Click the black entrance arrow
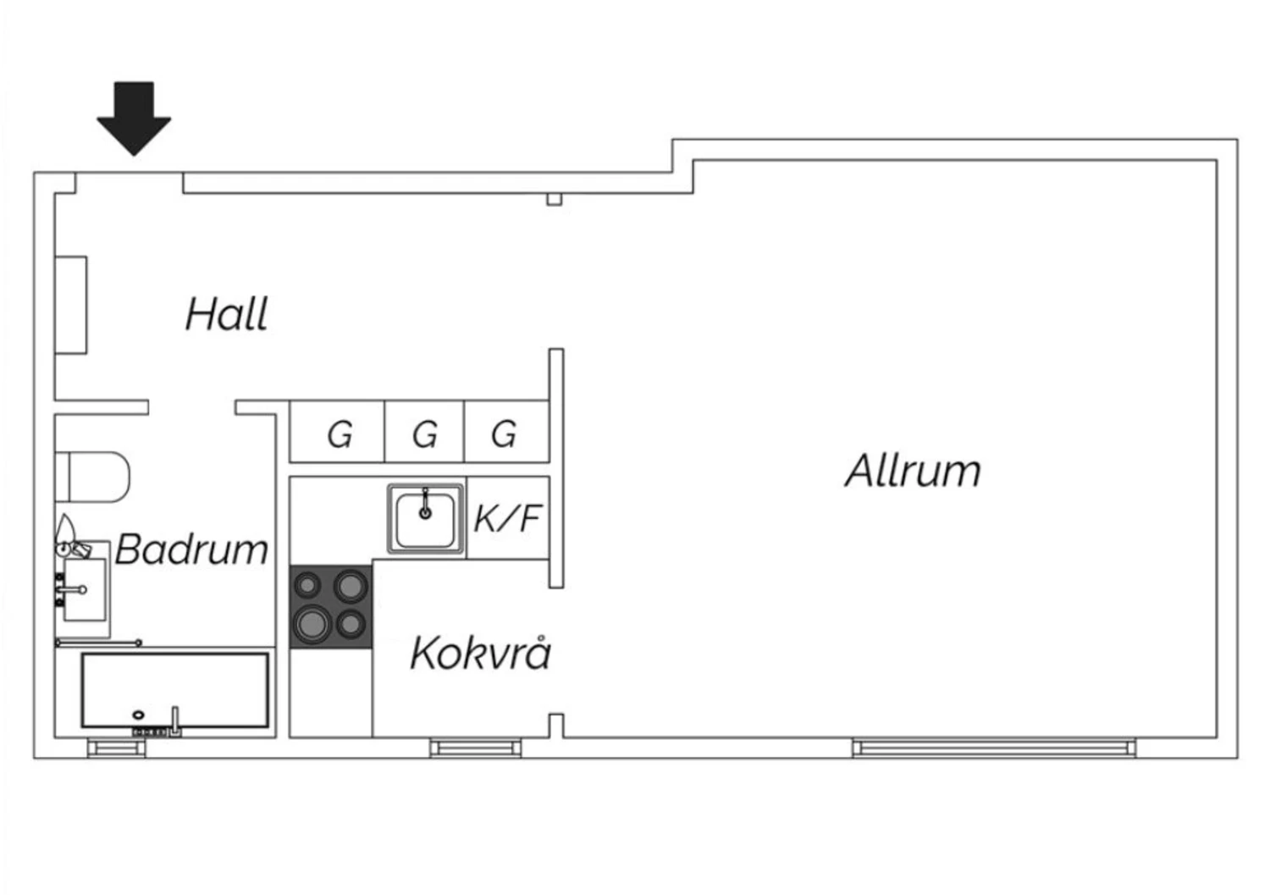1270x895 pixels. [134, 118]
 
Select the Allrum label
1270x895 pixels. [913, 470]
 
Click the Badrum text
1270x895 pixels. [191, 549]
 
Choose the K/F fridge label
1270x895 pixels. [507, 518]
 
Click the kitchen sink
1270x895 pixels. [425, 518]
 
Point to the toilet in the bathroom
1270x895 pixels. [93, 477]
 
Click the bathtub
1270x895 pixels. [174, 690]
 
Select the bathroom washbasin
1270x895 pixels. [83, 588]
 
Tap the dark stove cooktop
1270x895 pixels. [331, 607]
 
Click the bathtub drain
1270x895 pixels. [138, 715]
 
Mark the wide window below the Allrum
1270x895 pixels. [994, 749]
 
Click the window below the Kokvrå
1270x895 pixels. [475, 749]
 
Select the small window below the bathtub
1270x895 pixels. [117, 749]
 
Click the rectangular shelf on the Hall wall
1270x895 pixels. [71, 305]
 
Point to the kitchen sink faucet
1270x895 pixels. [425, 504]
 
